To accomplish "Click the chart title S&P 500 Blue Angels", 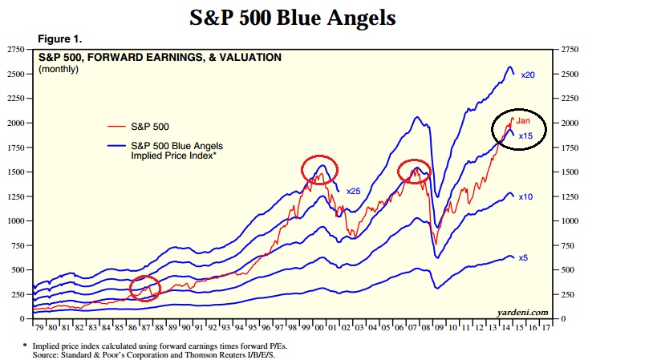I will (293, 17).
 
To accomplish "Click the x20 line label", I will (528, 75).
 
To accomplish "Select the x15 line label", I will (526, 136).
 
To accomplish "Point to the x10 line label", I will (525, 196).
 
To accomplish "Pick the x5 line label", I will (523, 257).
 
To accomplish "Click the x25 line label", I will (354, 190).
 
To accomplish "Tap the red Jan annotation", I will (522, 120).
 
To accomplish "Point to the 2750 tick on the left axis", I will (16, 50).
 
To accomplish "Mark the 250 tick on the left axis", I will (18, 294).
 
